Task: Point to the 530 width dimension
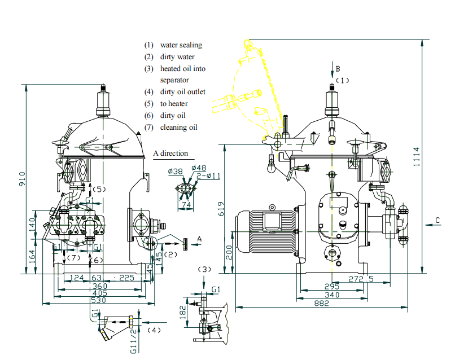coord(99,301)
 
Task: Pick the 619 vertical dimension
coord(222,208)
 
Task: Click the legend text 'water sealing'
coord(181,45)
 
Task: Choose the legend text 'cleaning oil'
coord(178,127)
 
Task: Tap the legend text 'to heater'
coord(174,104)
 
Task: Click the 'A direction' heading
coord(170,153)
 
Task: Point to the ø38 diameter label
coord(175,170)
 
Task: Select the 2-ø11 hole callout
coord(209,175)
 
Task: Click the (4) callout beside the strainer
coord(154,329)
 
